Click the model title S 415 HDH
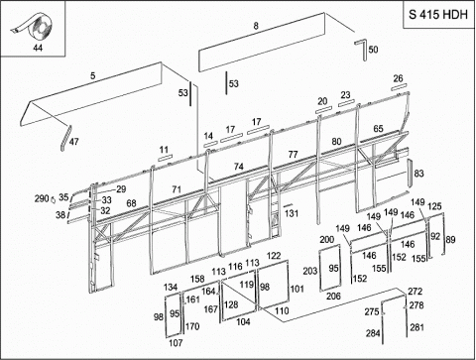click(x=438, y=15)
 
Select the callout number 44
click(x=38, y=48)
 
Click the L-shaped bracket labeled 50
click(x=361, y=49)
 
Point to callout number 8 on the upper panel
click(x=256, y=26)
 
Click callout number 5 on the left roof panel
click(x=93, y=75)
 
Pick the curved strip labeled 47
click(x=65, y=138)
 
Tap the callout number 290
click(x=42, y=198)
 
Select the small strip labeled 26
click(x=398, y=87)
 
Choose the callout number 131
click(x=292, y=213)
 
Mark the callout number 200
click(x=327, y=239)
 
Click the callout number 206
click(x=333, y=297)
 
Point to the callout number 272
click(x=415, y=292)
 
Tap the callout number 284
click(x=373, y=333)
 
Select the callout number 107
click(x=176, y=343)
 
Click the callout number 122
click(x=274, y=256)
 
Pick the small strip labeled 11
click(x=165, y=158)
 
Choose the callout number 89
click(x=450, y=240)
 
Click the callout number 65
click(x=379, y=129)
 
